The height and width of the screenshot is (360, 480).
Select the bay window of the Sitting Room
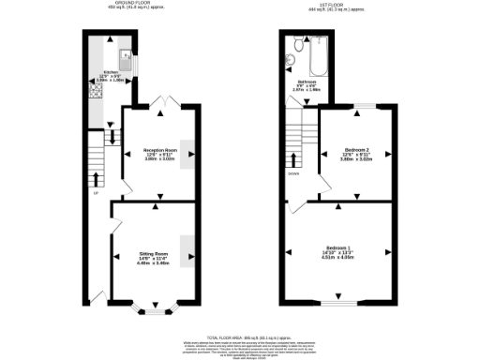(153, 306)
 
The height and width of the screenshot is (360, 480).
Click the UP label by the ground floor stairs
(96, 194)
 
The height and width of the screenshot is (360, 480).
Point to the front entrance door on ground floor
(96, 298)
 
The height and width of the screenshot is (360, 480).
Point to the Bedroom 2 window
(359, 106)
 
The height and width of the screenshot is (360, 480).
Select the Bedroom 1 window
(343, 305)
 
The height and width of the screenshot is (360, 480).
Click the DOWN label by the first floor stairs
(294, 174)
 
